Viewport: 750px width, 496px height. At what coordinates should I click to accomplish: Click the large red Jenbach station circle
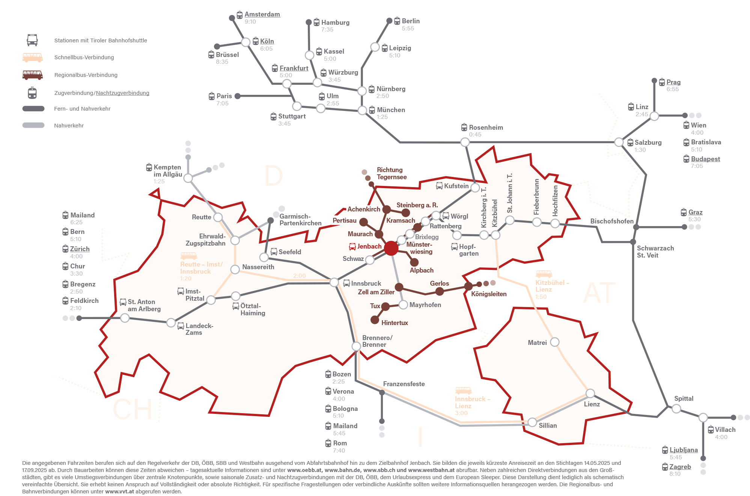coord(391,248)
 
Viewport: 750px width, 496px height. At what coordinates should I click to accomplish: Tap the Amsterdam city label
coord(262,14)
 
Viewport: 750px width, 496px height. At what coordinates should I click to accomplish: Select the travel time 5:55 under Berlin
coord(408,28)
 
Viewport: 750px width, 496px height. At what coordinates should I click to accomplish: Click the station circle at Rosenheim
coord(465,142)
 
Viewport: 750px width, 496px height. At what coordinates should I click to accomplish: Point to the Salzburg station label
coord(648,142)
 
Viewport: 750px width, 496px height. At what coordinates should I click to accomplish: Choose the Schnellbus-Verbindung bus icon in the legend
coord(33,57)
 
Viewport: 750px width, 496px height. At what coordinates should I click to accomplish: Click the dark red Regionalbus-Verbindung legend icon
coord(33,75)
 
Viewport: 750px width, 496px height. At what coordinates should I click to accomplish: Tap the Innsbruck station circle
coord(334,282)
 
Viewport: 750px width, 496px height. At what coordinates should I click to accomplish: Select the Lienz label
coord(592,404)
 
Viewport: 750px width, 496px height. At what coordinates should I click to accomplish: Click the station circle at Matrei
coord(554,342)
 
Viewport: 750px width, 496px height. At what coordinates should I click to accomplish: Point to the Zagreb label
coord(680,467)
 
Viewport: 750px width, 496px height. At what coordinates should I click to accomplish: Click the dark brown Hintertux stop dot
coord(375,320)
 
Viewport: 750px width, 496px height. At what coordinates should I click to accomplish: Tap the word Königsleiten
coord(489,294)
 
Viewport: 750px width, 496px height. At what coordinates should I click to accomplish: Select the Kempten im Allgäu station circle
coord(188,178)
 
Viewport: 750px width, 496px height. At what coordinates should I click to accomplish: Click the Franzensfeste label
coord(404,384)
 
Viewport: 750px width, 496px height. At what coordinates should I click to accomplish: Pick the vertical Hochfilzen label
coord(555,201)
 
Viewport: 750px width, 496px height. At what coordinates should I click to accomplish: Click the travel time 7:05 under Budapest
coord(697,166)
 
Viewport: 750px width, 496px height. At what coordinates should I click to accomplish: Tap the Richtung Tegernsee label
coord(392,174)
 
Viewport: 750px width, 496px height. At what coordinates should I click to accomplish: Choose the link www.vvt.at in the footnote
coord(119,492)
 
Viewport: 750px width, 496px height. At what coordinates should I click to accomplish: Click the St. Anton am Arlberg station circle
coord(125,318)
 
